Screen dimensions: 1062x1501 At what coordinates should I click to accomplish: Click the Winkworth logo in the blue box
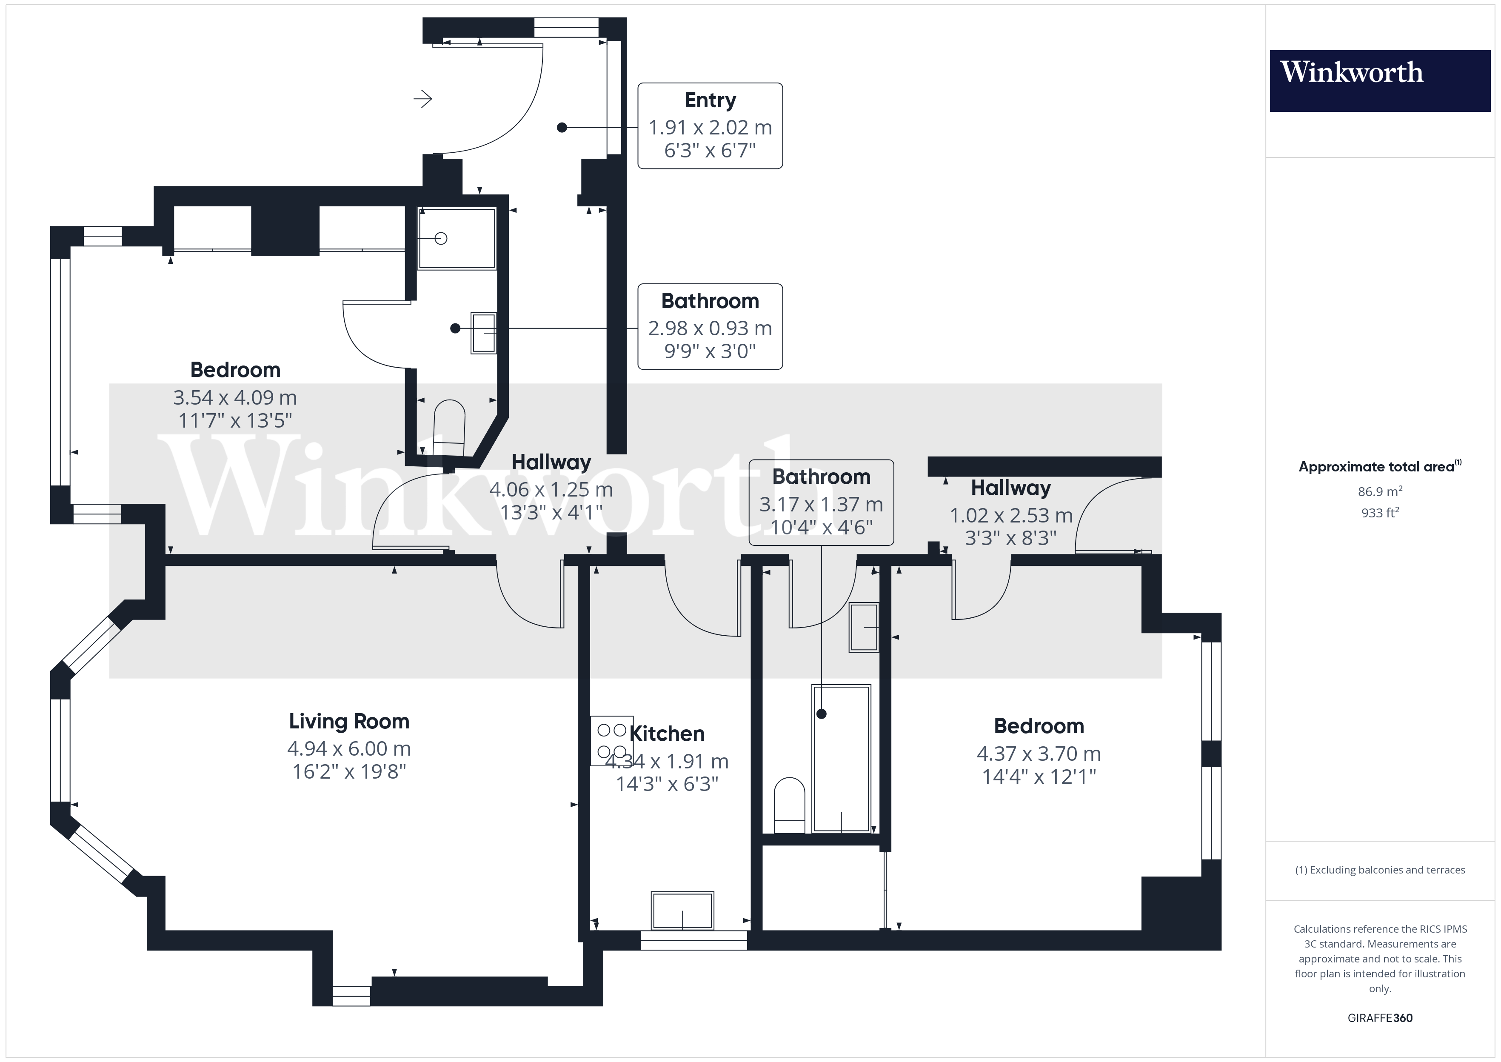click(1351, 73)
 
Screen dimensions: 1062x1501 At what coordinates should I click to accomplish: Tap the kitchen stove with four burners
click(611, 740)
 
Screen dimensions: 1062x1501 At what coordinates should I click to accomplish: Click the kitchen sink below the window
click(682, 910)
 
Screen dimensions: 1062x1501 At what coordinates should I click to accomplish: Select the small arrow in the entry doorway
click(423, 100)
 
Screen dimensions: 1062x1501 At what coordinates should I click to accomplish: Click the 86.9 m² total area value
click(1379, 491)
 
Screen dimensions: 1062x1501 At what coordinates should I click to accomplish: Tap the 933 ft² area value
click(1379, 513)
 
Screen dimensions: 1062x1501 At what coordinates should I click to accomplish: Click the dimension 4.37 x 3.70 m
click(1038, 754)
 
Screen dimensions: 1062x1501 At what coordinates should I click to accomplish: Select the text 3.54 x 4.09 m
click(235, 397)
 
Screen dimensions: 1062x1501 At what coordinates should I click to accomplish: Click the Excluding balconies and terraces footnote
click(1379, 870)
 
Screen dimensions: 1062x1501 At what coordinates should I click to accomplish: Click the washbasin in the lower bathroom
click(864, 627)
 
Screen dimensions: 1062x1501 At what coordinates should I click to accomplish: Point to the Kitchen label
click(667, 734)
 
